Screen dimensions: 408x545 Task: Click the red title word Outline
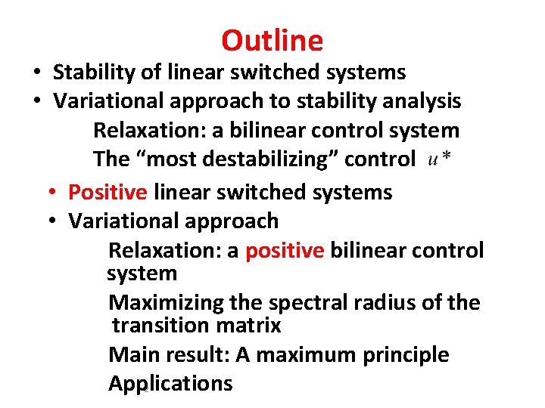(x=272, y=40)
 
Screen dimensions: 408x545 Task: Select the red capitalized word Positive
(x=107, y=192)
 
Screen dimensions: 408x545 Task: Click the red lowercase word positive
(x=284, y=250)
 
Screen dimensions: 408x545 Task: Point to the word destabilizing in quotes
(x=284, y=159)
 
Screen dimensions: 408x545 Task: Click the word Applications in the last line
(x=170, y=383)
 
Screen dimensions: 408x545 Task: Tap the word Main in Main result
(x=132, y=354)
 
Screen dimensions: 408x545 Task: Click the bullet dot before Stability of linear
(x=36, y=73)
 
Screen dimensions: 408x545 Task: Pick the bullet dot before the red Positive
(x=51, y=193)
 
